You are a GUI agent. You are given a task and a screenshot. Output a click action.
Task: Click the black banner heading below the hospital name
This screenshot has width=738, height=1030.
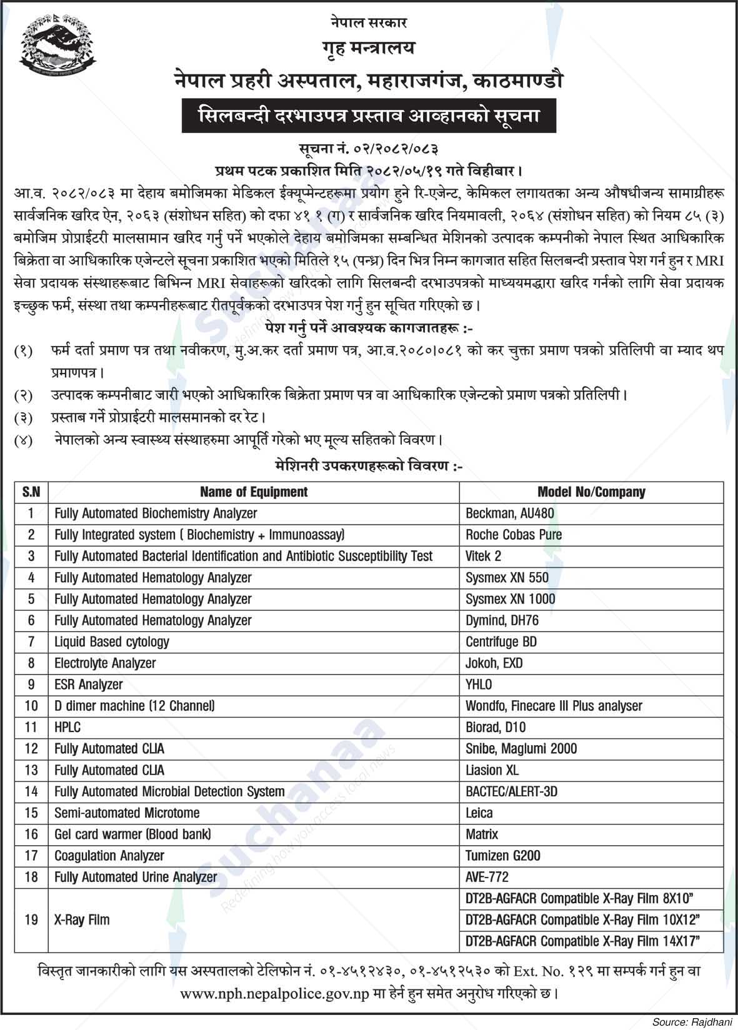point(369,116)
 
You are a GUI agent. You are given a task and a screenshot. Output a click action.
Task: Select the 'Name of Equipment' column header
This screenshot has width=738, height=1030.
point(253,492)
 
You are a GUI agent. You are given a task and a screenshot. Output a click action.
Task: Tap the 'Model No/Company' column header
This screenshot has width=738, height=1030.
point(591,492)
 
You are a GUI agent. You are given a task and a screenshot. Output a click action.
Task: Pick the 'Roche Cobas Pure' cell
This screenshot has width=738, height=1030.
point(514,535)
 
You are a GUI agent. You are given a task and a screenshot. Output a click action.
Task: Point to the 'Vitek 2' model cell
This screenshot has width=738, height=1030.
point(483,556)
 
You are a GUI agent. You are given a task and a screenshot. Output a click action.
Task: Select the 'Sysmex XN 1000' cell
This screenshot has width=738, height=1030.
point(510,599)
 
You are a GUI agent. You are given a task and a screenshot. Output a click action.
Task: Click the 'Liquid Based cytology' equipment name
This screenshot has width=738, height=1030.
point(112,641)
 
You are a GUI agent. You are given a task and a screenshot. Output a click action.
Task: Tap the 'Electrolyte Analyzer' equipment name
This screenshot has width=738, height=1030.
point(105,663)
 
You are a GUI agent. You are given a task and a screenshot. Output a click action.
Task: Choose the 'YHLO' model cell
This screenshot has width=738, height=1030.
point(479,685)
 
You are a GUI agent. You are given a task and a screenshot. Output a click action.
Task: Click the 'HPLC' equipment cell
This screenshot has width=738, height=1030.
point(67,727)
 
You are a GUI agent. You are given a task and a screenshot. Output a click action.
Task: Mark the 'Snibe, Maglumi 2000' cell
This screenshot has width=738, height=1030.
point(521,748)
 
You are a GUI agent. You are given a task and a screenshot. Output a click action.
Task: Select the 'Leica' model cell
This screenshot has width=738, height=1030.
point(479,813)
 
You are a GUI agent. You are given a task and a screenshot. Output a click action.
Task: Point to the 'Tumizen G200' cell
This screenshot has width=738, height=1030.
point(503,856)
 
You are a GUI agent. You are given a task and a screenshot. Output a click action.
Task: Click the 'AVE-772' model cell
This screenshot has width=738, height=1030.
point(487,877)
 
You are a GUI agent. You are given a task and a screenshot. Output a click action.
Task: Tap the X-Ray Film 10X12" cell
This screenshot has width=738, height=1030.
point(582,919)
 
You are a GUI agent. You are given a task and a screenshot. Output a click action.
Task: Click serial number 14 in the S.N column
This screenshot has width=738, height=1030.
point(31,791)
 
